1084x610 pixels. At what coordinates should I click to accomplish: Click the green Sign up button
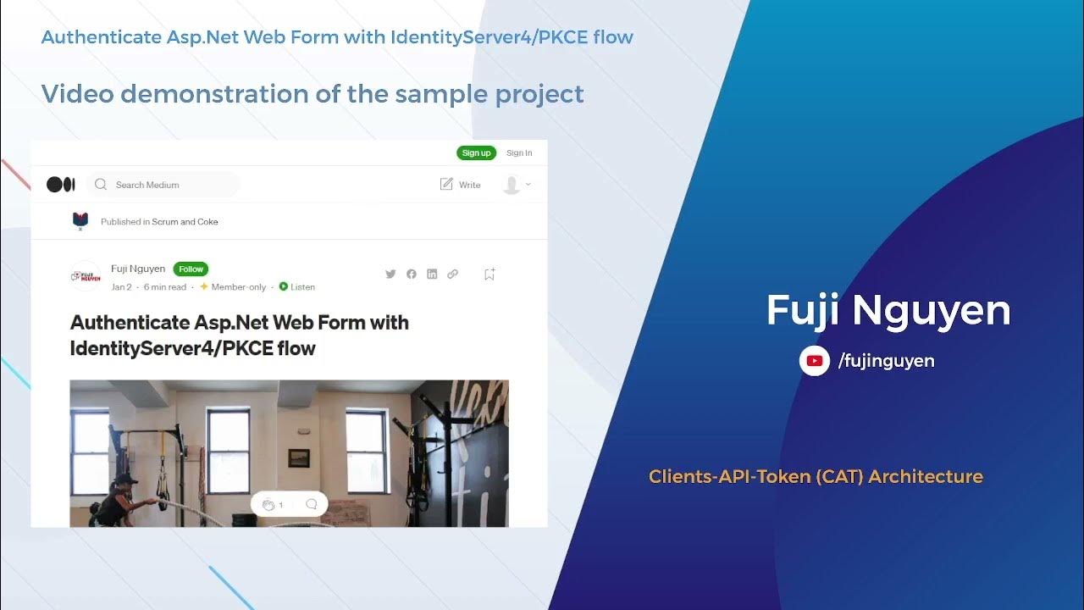click(x=476, y=153)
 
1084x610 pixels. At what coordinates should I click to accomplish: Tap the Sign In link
click(x=519, y=153)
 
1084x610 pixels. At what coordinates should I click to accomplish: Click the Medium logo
click(x=61, y=185)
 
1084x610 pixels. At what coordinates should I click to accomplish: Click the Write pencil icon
click(x=447, y=185)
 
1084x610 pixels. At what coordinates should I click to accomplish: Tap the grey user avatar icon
click(x=512, y=185)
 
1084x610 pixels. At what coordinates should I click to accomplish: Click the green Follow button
click(x=191, y=269)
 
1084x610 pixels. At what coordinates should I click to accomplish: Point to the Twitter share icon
click(x=390, y=274)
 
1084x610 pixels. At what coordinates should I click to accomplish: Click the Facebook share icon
click(x=412, y=274)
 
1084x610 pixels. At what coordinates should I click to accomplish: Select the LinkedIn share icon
click(x=432, y=274)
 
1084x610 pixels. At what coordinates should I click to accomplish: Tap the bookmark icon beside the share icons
click(x=489, y=274)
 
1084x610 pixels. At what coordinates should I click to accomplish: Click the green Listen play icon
click(x=284, y=286)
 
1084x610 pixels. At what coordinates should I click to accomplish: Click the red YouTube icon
click(x=814, y=361)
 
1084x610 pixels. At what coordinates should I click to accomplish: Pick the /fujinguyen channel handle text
click(x=886, y=361)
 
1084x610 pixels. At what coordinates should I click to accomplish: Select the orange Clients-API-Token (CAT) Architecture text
click(x=816, y=477)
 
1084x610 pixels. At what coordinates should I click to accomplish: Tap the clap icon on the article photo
click(x=268, y=505)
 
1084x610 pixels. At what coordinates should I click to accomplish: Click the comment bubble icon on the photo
click(x=311, y=504)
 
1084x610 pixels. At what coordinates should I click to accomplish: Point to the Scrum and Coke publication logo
click(x=80, y=221)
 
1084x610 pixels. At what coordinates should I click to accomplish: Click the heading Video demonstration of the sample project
click(x=312, y=94)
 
